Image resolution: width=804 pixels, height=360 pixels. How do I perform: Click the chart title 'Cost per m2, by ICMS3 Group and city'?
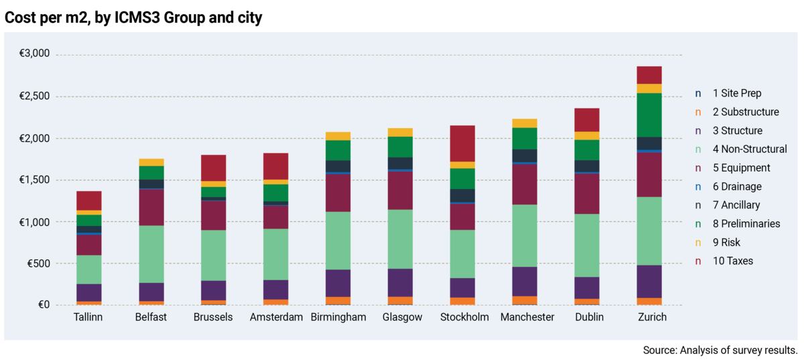click(133, 17)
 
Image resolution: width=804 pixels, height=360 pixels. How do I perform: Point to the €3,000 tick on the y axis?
click(34, 54)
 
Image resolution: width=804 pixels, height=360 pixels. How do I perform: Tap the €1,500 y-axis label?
click(34, 180)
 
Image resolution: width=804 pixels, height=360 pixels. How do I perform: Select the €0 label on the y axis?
click(44, 305)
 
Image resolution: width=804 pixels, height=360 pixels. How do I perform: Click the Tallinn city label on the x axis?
click(88, 317)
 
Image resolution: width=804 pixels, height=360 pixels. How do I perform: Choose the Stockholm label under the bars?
click(464, 317)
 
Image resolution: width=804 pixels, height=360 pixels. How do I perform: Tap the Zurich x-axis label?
click(649, 317)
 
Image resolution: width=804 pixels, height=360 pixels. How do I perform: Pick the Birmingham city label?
click(338, 317)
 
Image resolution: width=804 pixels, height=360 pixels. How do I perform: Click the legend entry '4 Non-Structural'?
click(749, 149)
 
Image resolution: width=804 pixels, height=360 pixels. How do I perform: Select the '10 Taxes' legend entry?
click(732, 261)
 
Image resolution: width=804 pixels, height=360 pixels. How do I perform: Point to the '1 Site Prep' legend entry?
click(736, 93)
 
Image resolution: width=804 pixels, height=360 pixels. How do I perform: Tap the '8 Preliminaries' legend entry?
click(746, 223)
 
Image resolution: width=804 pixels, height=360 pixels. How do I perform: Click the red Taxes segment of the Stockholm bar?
click(462, 143)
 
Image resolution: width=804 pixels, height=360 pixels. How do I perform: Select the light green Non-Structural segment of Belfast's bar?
click(151, 254)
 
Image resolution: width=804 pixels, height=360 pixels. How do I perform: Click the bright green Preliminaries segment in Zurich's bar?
click(649, 115)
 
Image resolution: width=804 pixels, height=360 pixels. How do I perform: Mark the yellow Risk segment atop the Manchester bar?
click(525, 123)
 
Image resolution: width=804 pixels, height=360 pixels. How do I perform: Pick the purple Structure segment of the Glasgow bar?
click(401, 282)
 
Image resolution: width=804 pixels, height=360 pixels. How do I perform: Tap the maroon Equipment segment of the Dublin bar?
click(587, 194)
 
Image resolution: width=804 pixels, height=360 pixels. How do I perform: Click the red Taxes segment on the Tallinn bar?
click(88, 200)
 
